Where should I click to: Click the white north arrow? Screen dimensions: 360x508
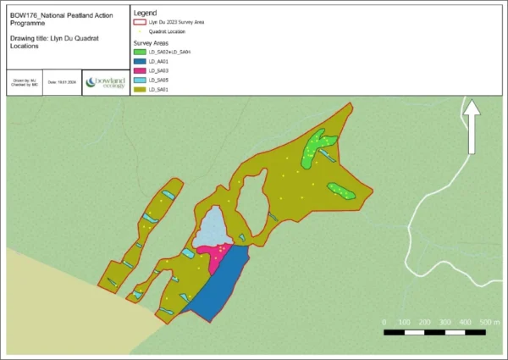(x=472, y=127)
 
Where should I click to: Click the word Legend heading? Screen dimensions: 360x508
(x=146, y=13)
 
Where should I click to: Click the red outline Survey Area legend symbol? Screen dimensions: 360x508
(x=141, y=23)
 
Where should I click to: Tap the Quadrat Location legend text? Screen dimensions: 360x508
(x=166, y=32)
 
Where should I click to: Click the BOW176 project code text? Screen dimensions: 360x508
(x=25, y=14)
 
